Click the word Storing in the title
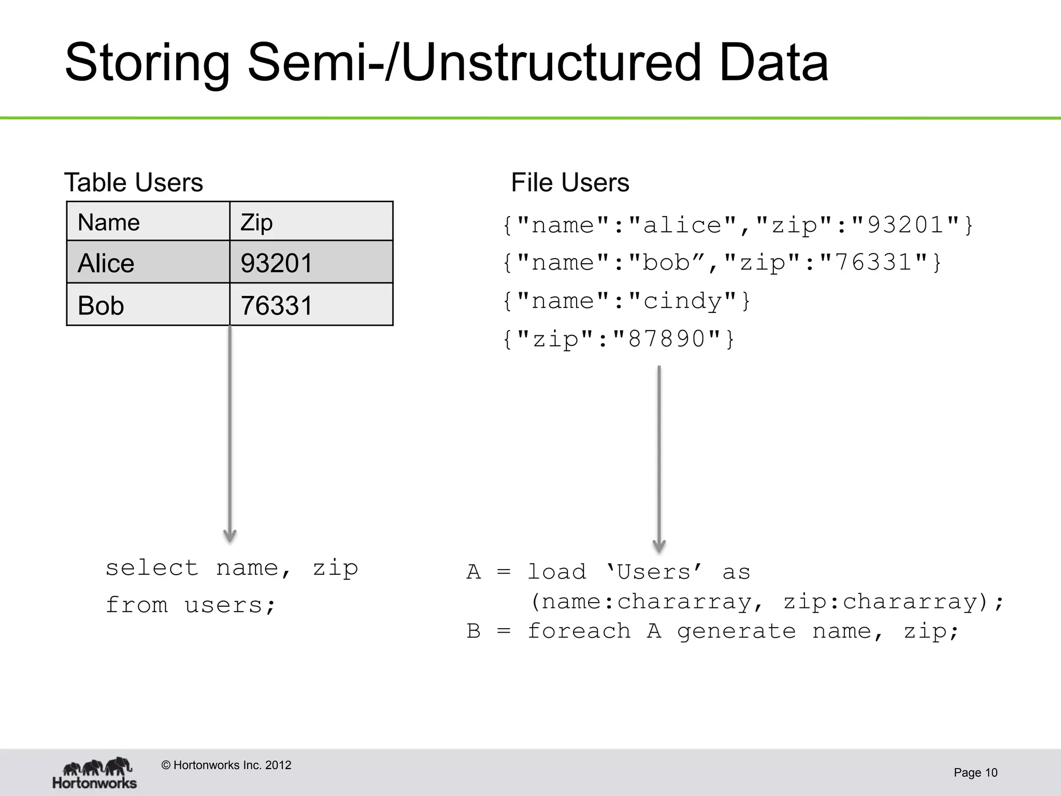tap(147, 63)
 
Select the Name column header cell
tap(148, 222)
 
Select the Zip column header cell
tap(311, 222)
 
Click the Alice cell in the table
tap(148, 263)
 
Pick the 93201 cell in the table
tap(311, 263)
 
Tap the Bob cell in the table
tap(148, 305)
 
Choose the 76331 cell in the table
tap(311, 305)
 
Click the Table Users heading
tap(133, 182)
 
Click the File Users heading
tap(570, 182)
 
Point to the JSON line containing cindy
tap(626, 301)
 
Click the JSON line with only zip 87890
tap(619, 339)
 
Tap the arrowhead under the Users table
tap(230, 536)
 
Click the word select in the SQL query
tap(152, 568)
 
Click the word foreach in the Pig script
tap(579, 631)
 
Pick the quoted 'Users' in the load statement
tap(654, 572)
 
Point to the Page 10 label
tap(975, 773)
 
